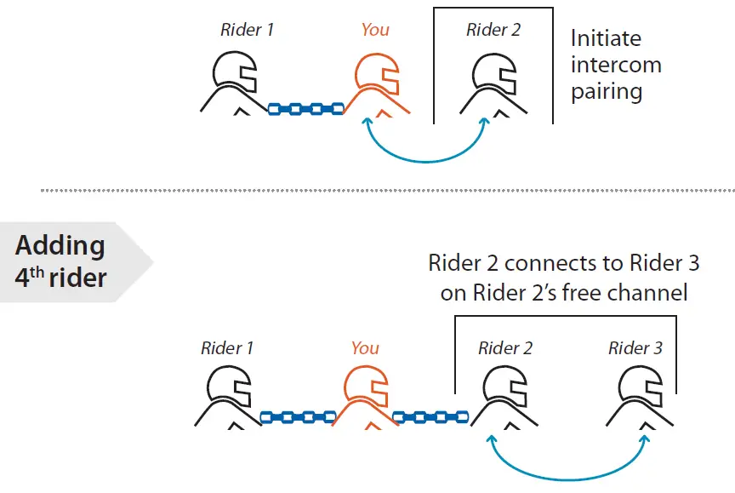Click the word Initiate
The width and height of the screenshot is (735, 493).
click(606, 38)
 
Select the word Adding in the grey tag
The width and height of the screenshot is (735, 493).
click(60, 245)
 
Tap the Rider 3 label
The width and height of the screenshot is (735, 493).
click(635, 348)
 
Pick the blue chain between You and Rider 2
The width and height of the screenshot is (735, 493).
click(430, 417)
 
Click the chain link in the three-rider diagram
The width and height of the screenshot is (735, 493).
click(305, 109)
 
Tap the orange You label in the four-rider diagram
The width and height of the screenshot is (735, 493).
click(365, 348)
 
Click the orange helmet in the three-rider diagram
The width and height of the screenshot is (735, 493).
click(375, 74)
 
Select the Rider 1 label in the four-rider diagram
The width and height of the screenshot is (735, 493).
click(227, 348)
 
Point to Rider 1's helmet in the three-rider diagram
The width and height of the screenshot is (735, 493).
click(236, 74)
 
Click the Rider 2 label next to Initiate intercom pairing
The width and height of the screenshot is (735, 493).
click(493, 31)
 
